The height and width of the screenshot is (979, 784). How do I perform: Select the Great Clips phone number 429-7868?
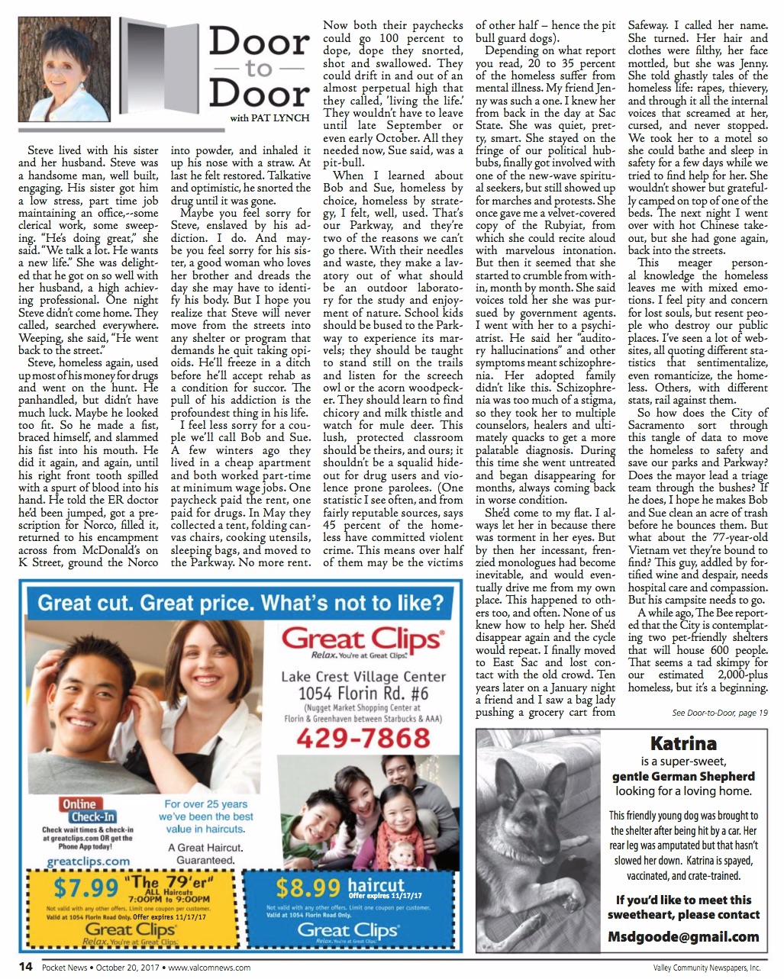point(363,738)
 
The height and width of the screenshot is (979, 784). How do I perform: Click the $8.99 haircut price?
point(308,887)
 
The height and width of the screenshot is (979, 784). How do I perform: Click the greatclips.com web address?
point(89,861)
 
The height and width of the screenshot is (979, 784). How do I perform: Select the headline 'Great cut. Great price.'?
point(240,603)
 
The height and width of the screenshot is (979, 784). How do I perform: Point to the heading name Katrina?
point(683,743)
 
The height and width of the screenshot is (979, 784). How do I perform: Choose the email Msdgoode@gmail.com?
point(683,936)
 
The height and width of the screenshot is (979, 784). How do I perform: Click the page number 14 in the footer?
point(25,967)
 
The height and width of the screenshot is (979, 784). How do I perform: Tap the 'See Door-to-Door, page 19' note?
point(719,713)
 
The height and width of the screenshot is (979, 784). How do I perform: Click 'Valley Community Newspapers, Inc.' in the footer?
point(702,968)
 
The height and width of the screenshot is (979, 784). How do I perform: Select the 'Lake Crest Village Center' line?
point(363,676)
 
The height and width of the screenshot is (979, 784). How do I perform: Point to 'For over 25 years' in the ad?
point(206,803)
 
